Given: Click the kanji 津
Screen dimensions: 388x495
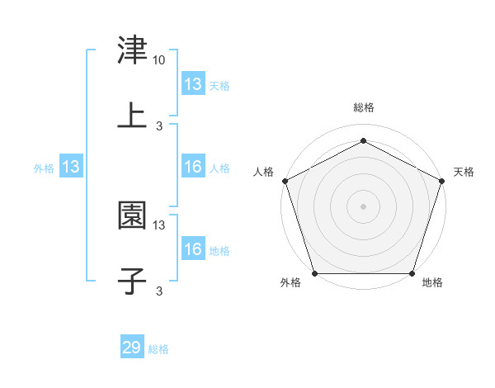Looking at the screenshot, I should click(x=132, y=50).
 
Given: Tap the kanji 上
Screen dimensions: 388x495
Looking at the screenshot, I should click(x=132, y=116).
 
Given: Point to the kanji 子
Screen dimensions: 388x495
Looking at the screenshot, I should click(x=132, y=281).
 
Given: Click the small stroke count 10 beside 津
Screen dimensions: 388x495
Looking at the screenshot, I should click(x=159, y=60).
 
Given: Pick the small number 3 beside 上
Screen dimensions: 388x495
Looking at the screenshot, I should click(x=159, y=126).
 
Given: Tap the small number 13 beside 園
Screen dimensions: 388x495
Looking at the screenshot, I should click(x=159, y=225).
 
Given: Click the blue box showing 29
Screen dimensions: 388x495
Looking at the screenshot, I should click(x=132, y=348).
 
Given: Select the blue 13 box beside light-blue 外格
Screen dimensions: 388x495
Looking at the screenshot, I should click(x=71, y=167).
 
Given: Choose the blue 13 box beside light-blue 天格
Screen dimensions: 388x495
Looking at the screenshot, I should click(x=193, y=83).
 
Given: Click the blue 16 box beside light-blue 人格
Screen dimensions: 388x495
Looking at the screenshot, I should click(x=193, y=167).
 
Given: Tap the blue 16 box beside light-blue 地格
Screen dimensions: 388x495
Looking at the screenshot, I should click(x=193, y=249).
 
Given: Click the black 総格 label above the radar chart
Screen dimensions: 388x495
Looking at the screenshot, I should click(x=363, y=107).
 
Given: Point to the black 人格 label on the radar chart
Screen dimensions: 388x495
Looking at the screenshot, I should click(x=264, y=172).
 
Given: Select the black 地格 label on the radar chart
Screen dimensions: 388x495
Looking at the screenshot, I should click(x=432, y=283).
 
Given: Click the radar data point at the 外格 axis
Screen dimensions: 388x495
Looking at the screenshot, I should click(x=314, y=273).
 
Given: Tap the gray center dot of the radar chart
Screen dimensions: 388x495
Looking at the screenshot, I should click(x=363, y=206).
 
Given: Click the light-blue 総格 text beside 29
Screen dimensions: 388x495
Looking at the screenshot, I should click(x=158, y=349).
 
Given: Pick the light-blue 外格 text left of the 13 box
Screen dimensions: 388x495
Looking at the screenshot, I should click(x=43, y=168).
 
